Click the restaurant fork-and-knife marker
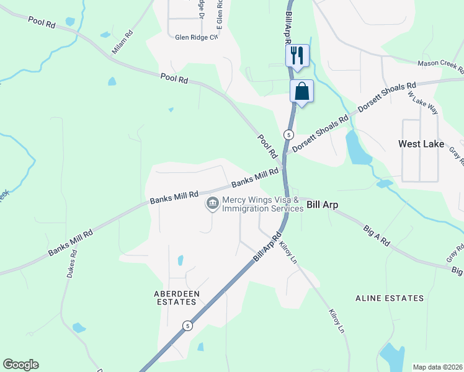tap(297, 56)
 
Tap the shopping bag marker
tap(301, 92)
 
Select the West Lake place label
tap(421, 144)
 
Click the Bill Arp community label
tap(321, 204)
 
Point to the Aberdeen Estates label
tap(175, 298)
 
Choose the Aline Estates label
tap(390, 298)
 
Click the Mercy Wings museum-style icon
tap(212, 203)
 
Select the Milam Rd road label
tap(122, 43)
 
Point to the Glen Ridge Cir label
tap(197, 38)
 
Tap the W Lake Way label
tap(423, 103)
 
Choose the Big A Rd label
tap(377, 236)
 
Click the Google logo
tap(20, 365)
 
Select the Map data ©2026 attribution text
tap(437, 367)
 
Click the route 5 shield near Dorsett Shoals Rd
tap(288, 135)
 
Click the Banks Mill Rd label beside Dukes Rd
tap(71, 242)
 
